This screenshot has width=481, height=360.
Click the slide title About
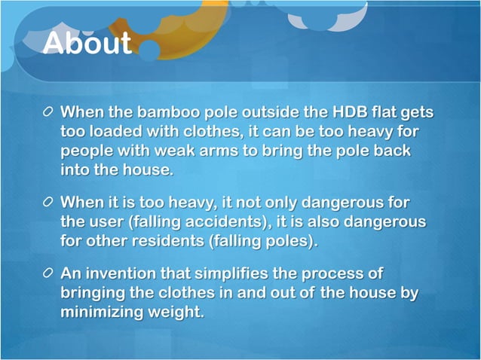pyautogui.click(x=87, y=43)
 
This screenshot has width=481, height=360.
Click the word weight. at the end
pyautogui.click(x=181, y=311)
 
